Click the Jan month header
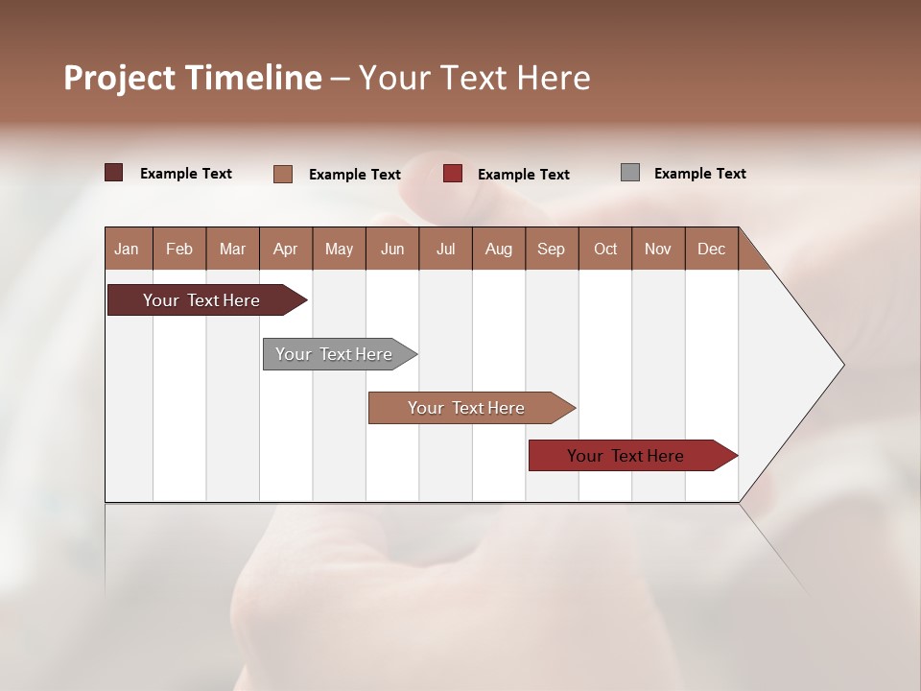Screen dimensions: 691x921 (x=127, y=249)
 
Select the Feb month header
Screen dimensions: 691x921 (x=179, y=249)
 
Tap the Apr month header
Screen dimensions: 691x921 (x=285, y=249)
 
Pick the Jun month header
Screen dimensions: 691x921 (x=392, y=249)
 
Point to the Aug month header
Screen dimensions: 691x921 (x=498, y=249)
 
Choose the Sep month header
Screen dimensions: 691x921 (x=551, y=249)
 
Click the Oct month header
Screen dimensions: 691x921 (x=605, y=249)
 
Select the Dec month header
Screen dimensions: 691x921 (x=711, y=249)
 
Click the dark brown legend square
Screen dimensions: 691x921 (x=114, y=173)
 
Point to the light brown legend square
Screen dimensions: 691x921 (x=283, y=174)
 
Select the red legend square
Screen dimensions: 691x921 (x=453, y=174)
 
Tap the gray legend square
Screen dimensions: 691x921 (x=630, y=173)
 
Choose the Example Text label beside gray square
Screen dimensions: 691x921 (x=699, y=174)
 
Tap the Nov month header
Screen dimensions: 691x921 (x=657, y=249)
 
